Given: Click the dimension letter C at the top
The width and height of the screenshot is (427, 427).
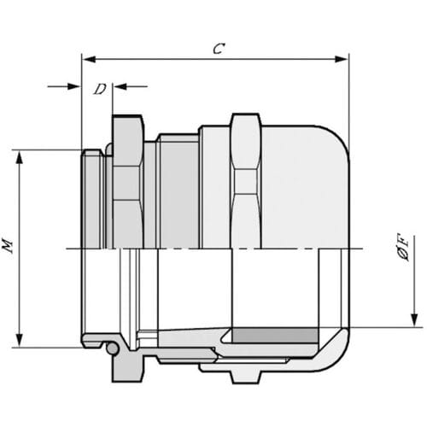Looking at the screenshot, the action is click(219, 49).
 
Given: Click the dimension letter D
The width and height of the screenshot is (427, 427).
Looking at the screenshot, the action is click(100, 89).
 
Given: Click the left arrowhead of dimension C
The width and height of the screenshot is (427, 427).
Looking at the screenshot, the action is click(89, 59).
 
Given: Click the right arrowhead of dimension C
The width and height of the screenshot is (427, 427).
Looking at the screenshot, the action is click(342, 59).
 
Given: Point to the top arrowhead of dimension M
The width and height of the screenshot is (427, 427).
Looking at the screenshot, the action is click(19, 158).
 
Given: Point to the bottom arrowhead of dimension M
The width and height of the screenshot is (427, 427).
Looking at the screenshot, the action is click(19, 339).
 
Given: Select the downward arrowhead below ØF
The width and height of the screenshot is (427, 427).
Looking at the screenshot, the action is click(414, 320).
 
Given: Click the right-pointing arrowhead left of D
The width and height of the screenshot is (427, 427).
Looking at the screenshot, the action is click(73, 86).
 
